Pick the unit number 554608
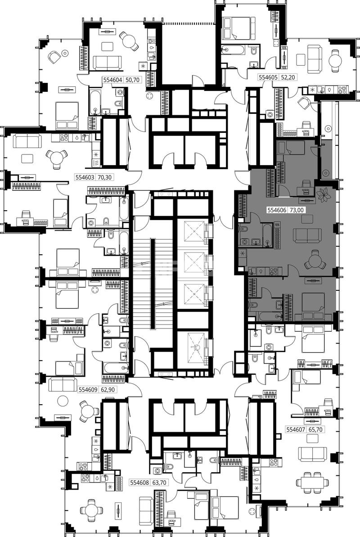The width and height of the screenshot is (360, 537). tap(139, 483)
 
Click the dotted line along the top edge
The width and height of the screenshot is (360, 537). tap(188, 23)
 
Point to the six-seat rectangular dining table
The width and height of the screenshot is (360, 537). tap(312, 483)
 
